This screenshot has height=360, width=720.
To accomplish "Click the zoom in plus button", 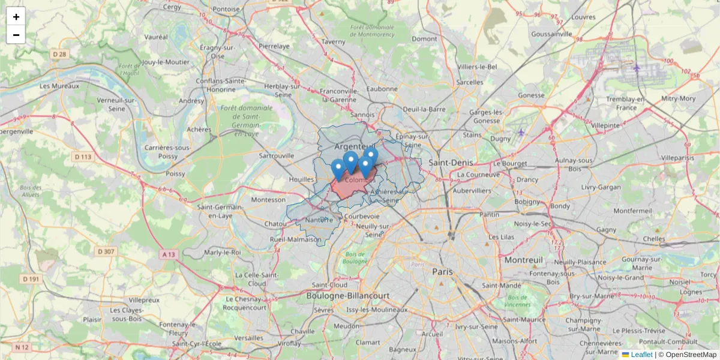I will [x=16, y=17].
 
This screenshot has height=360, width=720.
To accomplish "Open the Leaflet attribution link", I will [x=641, y=355].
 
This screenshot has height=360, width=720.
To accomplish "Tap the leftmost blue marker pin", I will [x=338, y=168].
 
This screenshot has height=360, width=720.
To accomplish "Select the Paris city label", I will [x=442, y=271].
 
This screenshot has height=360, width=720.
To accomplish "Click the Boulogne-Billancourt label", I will [x=348, y=296].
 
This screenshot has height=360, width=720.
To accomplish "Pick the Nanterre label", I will [x=319, y=220].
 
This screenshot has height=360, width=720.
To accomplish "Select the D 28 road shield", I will [x=59, y=54].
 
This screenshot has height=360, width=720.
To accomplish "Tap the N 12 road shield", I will [x=22, y=347].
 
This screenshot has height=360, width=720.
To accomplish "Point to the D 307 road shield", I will [x=106, y=251].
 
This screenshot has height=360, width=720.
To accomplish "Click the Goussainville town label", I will [x=552, y=34].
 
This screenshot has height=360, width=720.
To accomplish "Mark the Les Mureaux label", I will [x=59, y=86].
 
